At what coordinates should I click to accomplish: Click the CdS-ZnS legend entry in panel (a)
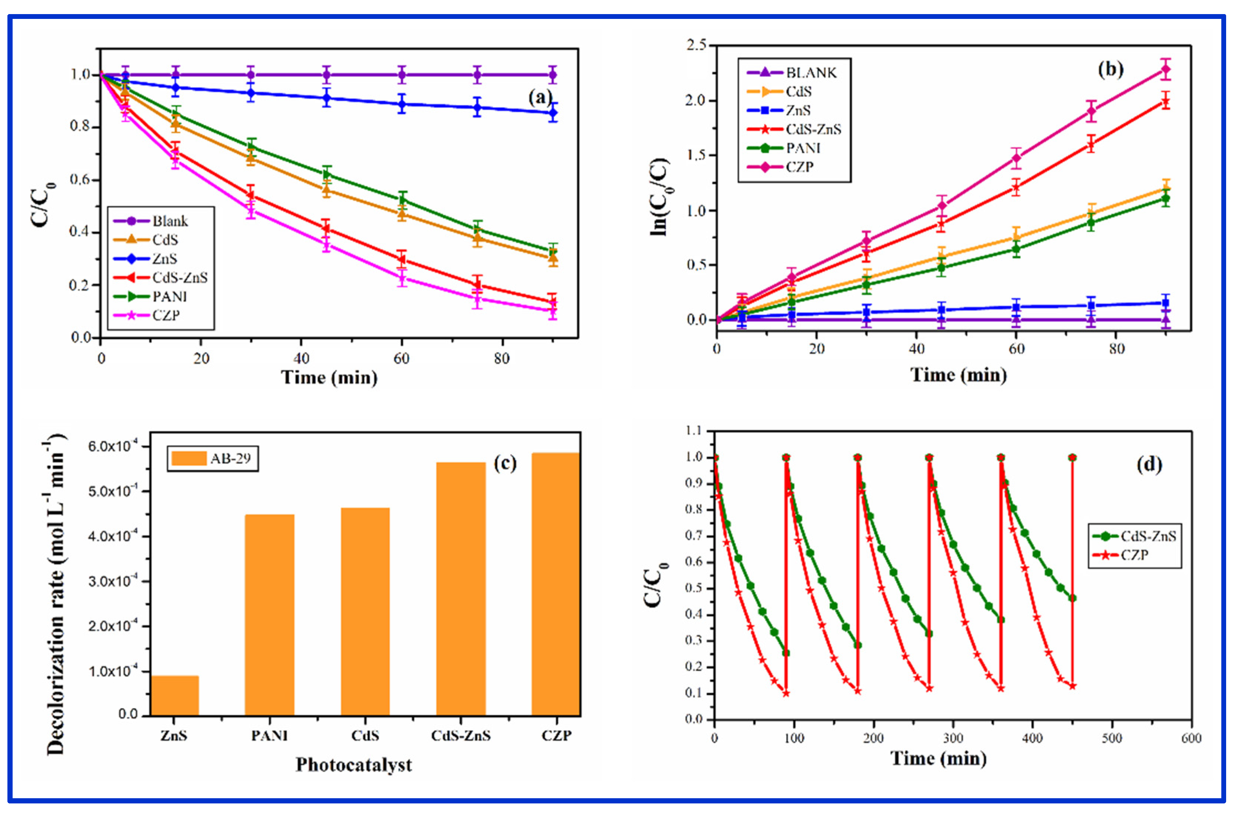[179, 278]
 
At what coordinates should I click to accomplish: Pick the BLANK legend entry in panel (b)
[810, 73]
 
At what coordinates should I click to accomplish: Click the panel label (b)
[1110, 69]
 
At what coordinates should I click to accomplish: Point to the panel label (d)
[1149, 464]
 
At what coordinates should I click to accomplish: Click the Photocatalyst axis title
[353, 765]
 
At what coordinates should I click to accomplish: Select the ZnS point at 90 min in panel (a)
[552, 113]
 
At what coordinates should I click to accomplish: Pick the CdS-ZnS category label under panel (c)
[461, 736]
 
